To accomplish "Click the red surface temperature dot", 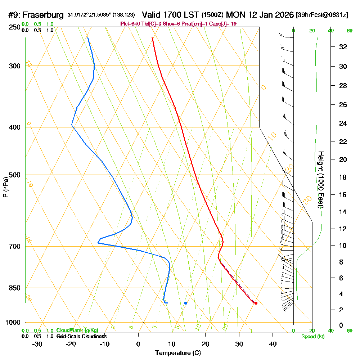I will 256,303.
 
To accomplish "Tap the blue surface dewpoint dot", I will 185,303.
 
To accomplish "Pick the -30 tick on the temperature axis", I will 37,344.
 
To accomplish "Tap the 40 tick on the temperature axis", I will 273,344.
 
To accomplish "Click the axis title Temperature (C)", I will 178,353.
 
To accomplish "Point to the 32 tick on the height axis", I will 343,47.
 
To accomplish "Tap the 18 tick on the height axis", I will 343,177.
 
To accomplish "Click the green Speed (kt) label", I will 312,336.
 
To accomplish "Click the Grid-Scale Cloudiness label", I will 81,336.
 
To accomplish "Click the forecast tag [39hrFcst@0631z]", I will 322,15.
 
